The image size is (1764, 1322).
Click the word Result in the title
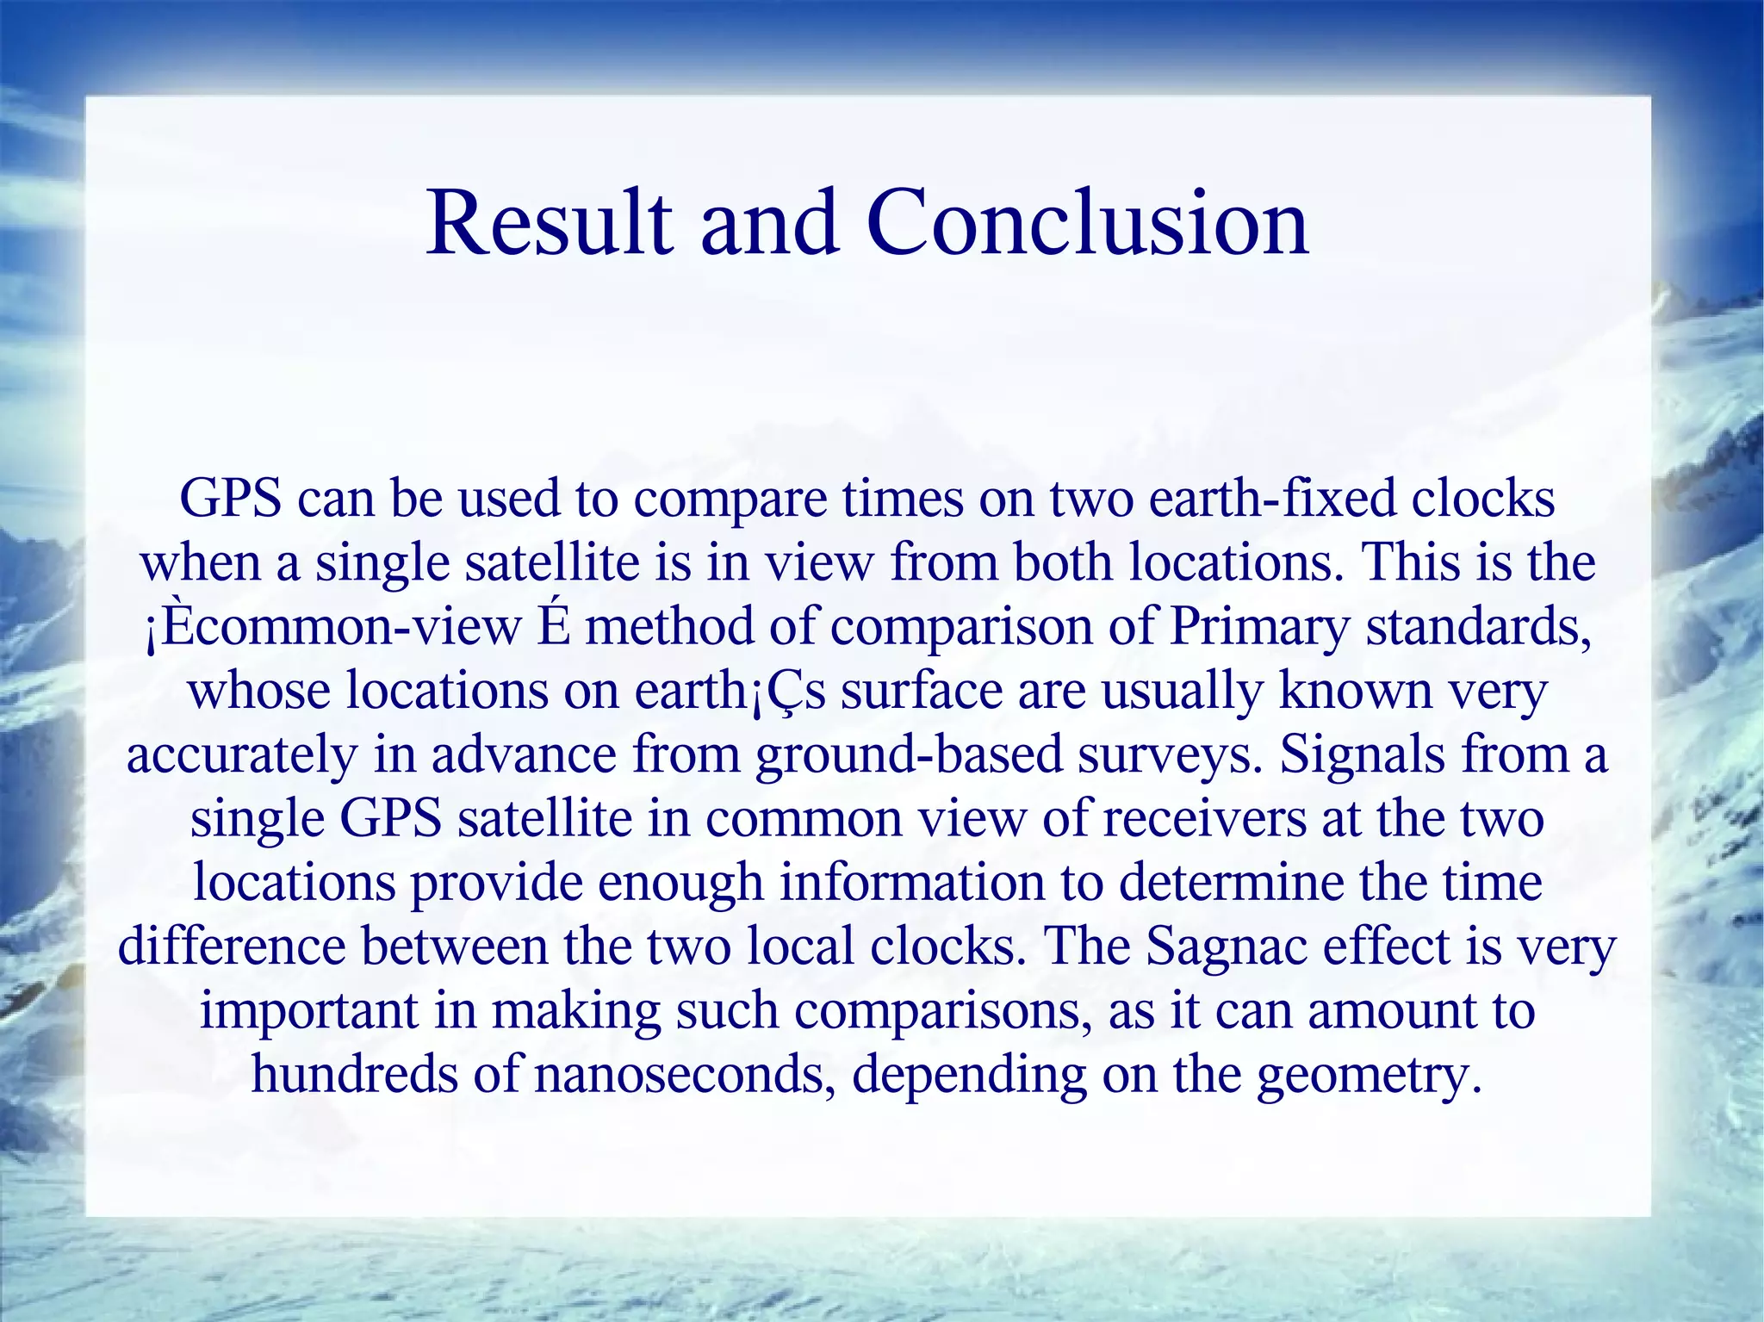tap(550, 224)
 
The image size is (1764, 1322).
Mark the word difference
tap(232, 947)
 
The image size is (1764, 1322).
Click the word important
tap(308, 1011)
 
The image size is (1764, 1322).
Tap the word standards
tap(1478, 628)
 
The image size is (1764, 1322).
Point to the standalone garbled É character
tap(554, 626)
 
